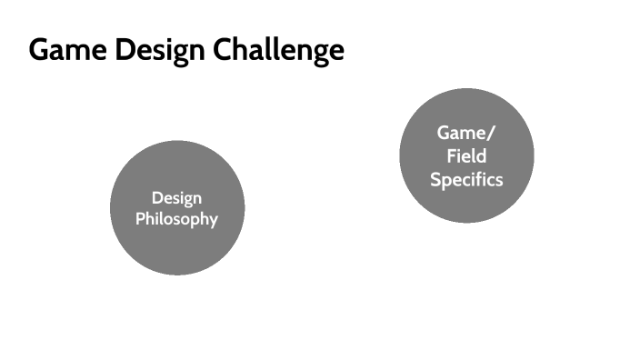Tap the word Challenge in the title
279,50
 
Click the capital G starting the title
39,50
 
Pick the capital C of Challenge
224,50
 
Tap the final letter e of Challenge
337,52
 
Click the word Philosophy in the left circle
177,219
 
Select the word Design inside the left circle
177,198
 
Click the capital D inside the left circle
156,197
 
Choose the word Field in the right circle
466,155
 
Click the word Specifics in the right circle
466,179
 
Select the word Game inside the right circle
461,133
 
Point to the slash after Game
492,133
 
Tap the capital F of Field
451,155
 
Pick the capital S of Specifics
435,179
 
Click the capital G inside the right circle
444,133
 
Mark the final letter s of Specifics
498,180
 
